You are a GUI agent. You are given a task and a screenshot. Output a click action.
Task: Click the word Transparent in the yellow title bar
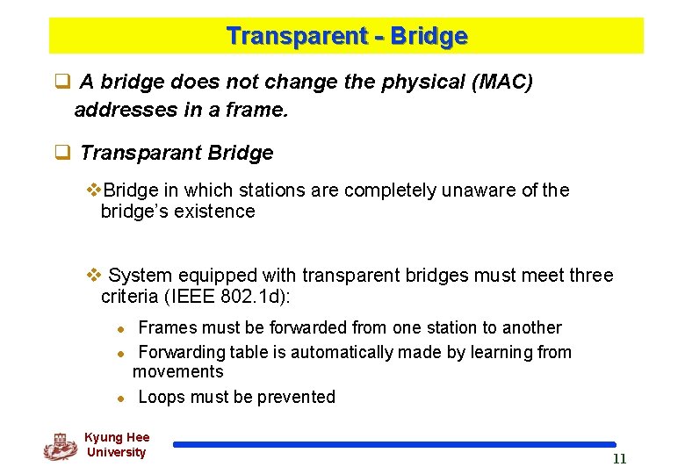coord(283,37)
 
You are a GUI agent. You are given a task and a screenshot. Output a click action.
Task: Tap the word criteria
coord(129,297)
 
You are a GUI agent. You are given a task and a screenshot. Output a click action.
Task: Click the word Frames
coord(167,328)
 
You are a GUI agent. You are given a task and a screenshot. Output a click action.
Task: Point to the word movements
coord(177,371)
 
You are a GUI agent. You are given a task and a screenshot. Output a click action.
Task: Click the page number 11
coord(619,459)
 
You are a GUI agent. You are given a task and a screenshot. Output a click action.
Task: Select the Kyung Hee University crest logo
coord(60,446)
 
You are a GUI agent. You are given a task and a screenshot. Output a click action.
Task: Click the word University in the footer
coord(116,453)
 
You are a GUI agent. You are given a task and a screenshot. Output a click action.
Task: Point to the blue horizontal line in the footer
coord(394,445)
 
